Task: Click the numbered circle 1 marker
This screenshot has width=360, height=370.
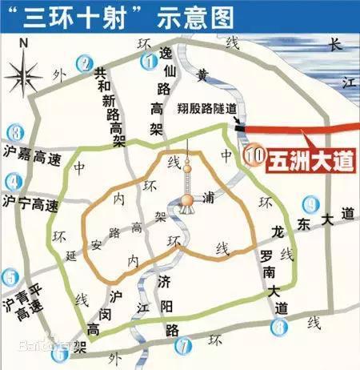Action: click(148, 59)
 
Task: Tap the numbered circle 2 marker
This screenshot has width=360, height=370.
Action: click(83, 61)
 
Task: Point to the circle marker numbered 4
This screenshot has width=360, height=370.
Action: click(12, 181)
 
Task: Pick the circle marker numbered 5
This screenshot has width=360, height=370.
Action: click(10, 277)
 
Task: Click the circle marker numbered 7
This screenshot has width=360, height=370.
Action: click(185, 346)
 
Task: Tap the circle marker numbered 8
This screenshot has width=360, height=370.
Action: click(278, 326)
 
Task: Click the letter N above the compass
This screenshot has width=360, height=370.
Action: click(25, 42)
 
